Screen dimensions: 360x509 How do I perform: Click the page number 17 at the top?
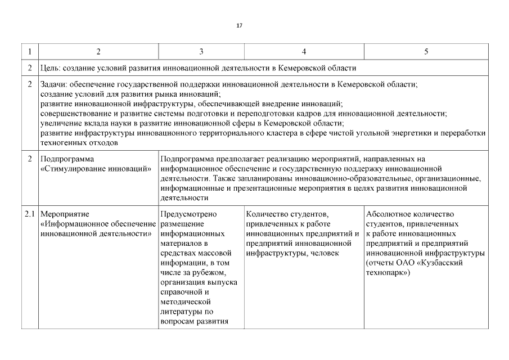pos(240,26)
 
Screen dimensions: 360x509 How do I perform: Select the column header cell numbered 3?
pos(201,52)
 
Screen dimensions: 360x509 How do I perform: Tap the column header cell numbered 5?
pos(426,52)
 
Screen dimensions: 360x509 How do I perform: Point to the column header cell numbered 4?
pos(304,52)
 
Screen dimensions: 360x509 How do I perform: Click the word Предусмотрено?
pos(188,214)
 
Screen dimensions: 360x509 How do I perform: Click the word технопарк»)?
pos(388,272)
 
